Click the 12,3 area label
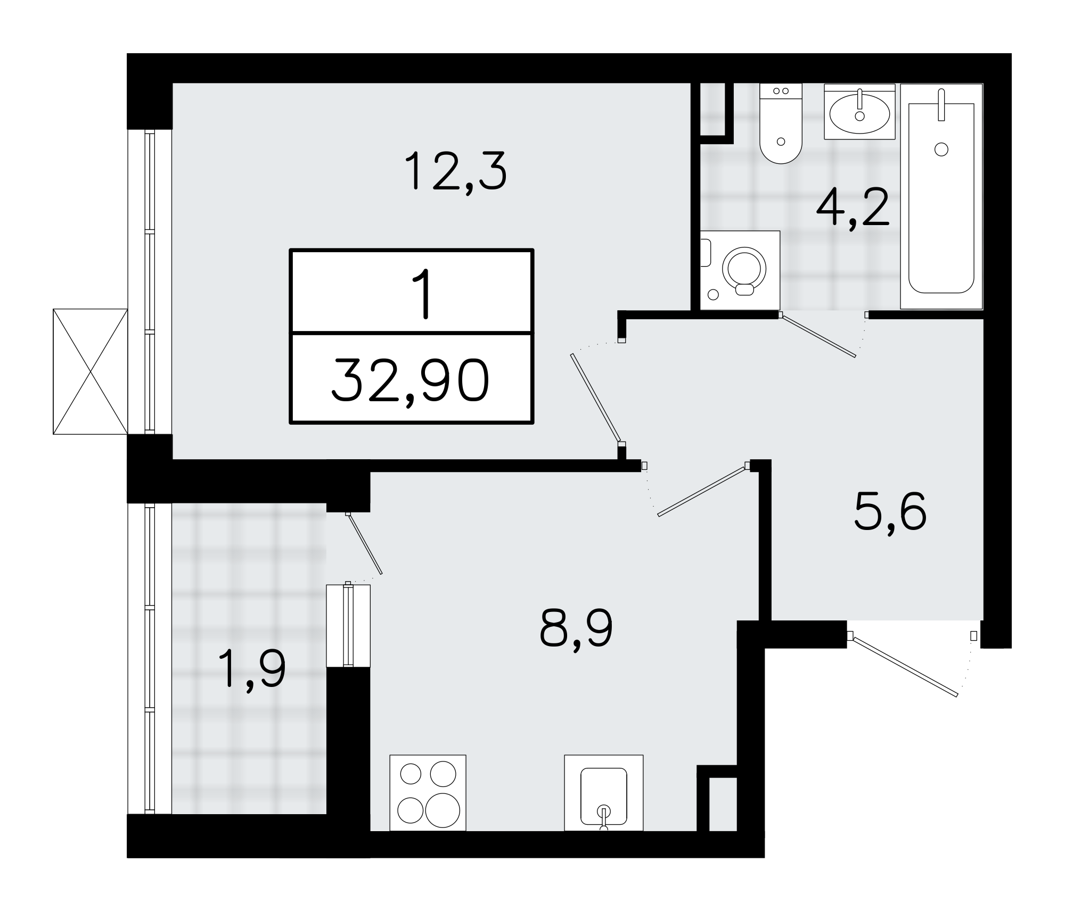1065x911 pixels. click(x=455, y=171)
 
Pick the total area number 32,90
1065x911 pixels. click(x=411, y=380)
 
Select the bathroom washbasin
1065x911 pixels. click(x=859, y=112)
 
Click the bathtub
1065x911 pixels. click(x=941, y=197)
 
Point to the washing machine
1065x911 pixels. click(x=740, y=270)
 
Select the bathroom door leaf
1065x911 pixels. click(x=818, y=336)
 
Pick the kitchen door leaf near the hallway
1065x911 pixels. click(x=701, y=491)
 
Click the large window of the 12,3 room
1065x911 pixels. click(x=150, y=281)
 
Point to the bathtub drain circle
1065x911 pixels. click(x=941, y=150)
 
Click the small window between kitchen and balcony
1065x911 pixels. click(x=348, y=625)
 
